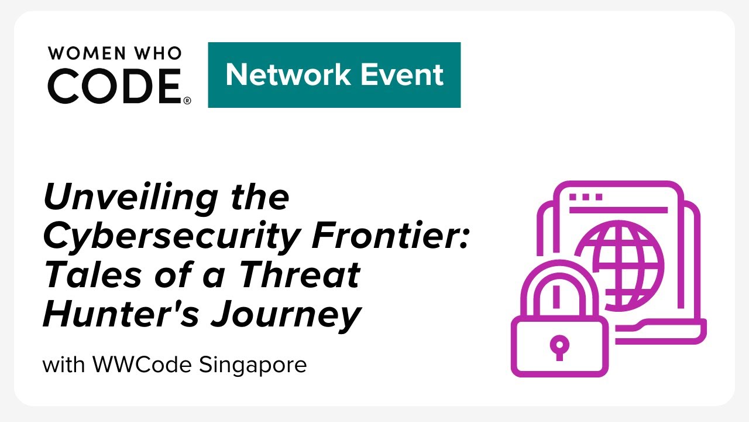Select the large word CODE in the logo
click(x=115, y=86)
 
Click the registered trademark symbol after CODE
click(x=187, y=101)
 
